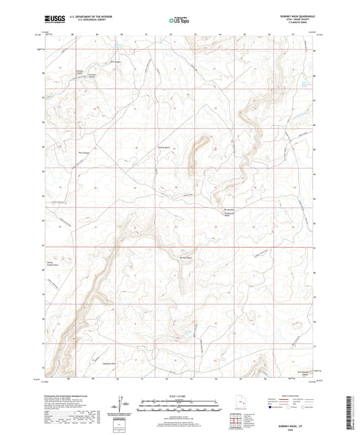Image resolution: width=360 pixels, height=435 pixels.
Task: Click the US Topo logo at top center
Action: click(x=179, y=20)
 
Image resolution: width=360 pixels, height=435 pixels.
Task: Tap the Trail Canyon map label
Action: click(x=85, y=151)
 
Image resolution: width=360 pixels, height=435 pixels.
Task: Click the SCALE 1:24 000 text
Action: click(x=179, y=395)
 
